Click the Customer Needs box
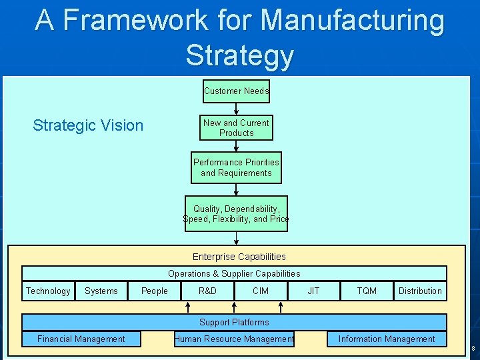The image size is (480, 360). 236,91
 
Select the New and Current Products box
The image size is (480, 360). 236,128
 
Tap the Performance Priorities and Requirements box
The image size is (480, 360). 236,168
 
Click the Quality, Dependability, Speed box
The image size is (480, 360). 236,214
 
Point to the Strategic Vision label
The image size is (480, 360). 88,125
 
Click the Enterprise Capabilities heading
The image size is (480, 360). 239,257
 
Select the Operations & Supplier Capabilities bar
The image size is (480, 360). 234,273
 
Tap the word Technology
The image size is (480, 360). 47,291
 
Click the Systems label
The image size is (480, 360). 101,291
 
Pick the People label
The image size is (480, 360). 155,291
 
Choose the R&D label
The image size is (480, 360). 207,291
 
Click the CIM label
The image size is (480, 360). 261,291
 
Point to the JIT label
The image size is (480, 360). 313,291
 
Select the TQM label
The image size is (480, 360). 367,291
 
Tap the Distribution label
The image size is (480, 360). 420,291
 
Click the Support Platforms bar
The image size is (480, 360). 234,322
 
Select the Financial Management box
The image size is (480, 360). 81,339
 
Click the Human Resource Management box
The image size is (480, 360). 234,339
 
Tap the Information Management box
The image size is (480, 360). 387,339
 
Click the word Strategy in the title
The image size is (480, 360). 239,55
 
